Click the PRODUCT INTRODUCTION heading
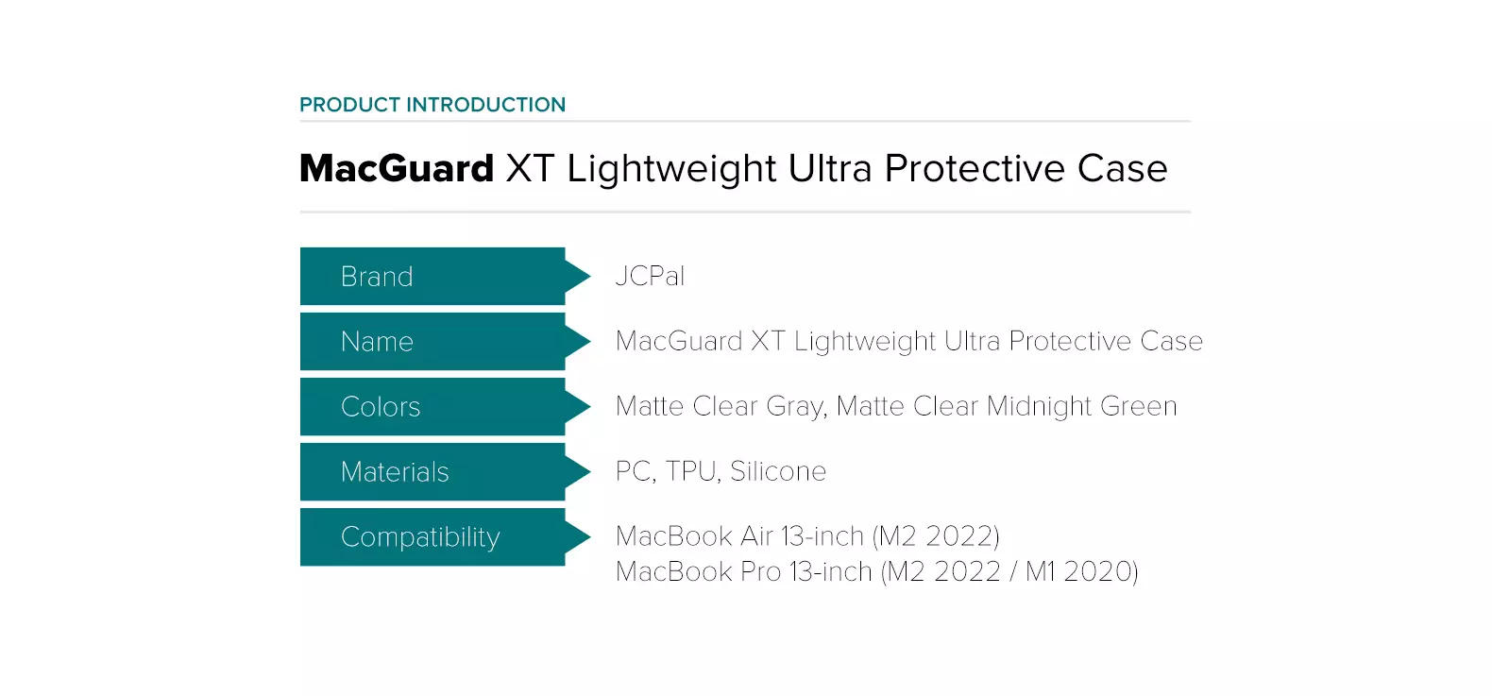click(x=432, y=105)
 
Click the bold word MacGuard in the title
click(x=397, y=169)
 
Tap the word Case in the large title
click(x=1122, y=169)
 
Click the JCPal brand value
click(x=650, y=277)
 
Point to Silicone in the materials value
click(x=778, y=471)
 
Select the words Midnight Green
click(x=1081, y=406)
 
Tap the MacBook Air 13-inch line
click(x=807, y=536)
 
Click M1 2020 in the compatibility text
click(x=1081, y=572)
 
